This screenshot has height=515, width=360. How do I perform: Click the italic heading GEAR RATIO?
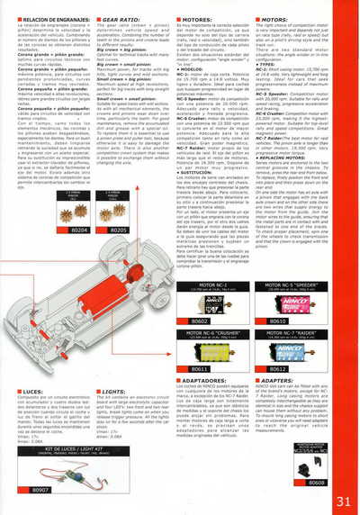click(x=121, y=18)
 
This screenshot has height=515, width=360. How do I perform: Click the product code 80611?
click(x=200, y=369)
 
